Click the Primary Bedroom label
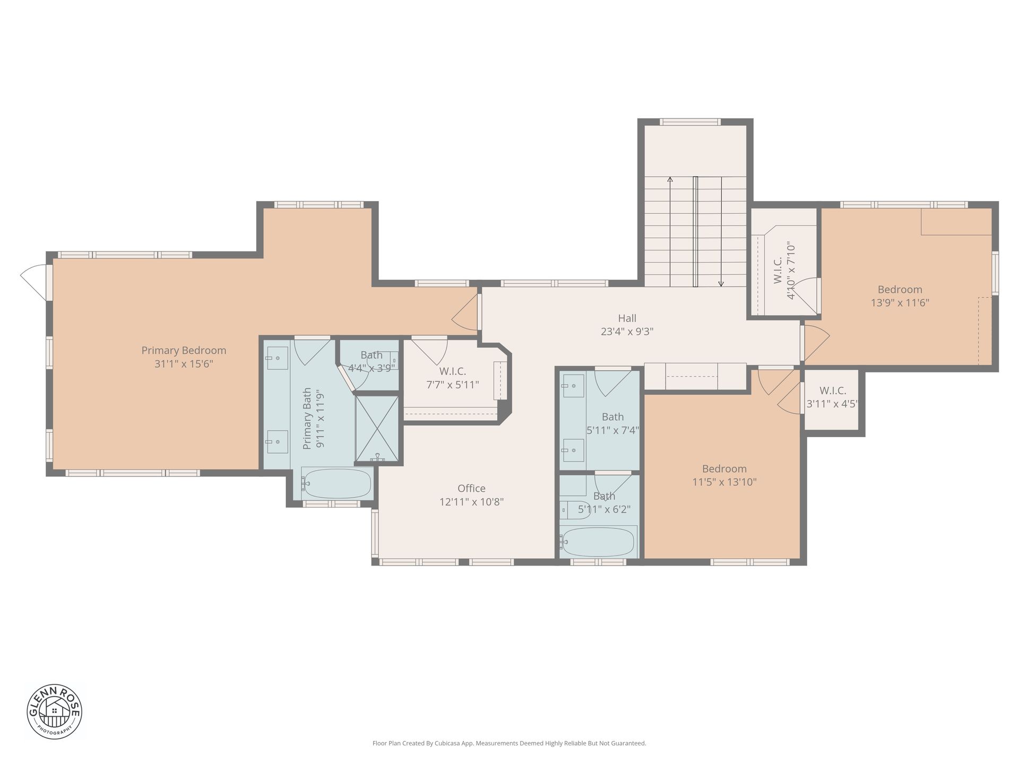[x=184, y=350]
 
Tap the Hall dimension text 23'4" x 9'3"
[x=627, y=332]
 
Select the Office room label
[x=471, y=488]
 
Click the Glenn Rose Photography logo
[x=55, y=711]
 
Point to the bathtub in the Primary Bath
[x=336, y=483]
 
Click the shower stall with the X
[x=377, y=429]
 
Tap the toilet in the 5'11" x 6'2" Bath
[x=574, y=510]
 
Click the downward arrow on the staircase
[x=721, y=231]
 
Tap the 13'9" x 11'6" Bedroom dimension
[x=900, y=303]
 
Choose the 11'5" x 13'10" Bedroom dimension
[x=724, y=482]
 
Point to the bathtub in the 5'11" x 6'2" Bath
[x=598, y=542]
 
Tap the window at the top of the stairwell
[x=690, y=122]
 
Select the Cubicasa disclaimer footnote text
[x=509, y=743]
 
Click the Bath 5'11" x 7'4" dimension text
[x=612, y=430]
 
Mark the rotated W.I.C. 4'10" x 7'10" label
[x=784, y=271]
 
